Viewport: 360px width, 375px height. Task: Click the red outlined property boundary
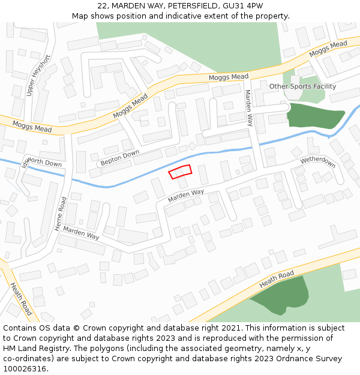180,172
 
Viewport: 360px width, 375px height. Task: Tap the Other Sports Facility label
302,86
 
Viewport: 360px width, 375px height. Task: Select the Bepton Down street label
119,157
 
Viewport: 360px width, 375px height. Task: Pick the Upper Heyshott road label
38,76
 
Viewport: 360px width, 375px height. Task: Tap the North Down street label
44,163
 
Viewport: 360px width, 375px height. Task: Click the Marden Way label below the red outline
186,195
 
